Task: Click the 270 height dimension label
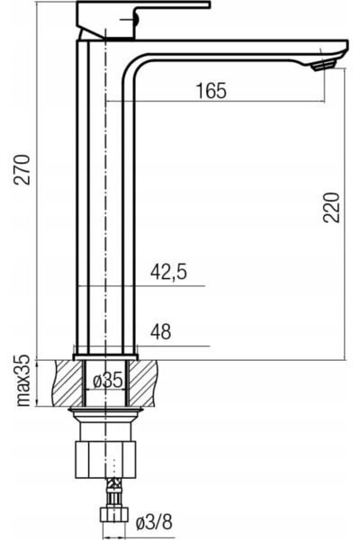pos(22,170)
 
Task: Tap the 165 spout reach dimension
pos(211,91)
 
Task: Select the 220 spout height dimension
pos(331,207)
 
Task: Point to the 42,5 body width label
pos(168,272)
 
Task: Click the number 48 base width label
pos(160,331)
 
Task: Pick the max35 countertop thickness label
pos(23,381)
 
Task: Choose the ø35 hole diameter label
pos(108,381)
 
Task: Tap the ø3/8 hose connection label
pos(154,523)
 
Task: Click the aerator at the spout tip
pos(323,65)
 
